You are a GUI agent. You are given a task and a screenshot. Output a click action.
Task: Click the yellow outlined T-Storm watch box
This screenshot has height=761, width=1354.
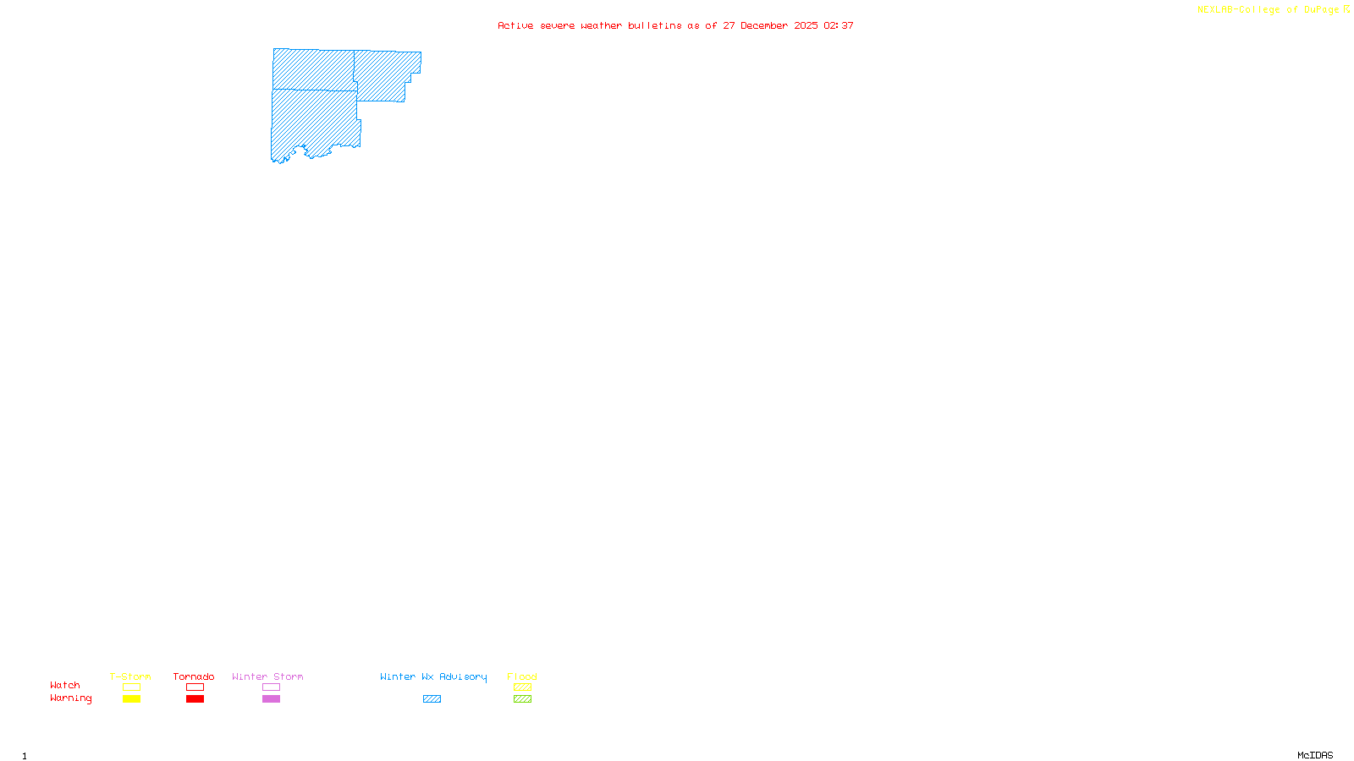pyautogui.click(x=131, y=687)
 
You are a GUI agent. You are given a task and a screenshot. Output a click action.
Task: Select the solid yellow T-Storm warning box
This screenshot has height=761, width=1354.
pyautogui.click(x=131, y=699)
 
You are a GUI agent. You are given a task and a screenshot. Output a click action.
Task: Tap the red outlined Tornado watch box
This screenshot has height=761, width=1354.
pyautogui.click(x=195, y=687)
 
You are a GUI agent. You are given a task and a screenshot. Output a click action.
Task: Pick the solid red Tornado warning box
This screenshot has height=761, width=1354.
pyautogui.click(x=195, y=699)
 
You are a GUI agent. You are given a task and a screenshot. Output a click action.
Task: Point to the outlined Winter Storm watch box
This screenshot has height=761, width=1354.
pyautogui.click(x=271, y=687)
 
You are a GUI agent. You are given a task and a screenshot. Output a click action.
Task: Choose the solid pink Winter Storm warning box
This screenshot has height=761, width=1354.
pyautogui.click(x=271, y=699)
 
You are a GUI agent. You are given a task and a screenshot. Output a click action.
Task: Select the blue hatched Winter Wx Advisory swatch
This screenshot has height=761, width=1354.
pyautogui.click(x=432, y=699)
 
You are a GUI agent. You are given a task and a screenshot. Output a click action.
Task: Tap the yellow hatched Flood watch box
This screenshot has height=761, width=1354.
pyautogui.click(x=522, y=687)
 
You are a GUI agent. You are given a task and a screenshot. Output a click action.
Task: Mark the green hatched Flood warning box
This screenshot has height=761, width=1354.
pyautogui.click(x=522, y=699)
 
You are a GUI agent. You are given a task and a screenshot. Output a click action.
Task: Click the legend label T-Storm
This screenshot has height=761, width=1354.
pyautogui.click(x=130, y=676)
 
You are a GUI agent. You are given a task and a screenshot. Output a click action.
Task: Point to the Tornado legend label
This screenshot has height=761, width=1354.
pyautogui.click(x=194, y=676)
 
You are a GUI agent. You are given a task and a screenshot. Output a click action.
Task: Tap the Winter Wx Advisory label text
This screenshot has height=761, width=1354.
pyautogui.click(x=433, y=676)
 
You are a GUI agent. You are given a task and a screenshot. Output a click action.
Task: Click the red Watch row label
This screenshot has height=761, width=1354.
pyautogui.click(x=65, y=686)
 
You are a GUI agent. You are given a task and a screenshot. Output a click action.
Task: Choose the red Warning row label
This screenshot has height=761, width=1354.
pyautogui.click(x=70, y=698)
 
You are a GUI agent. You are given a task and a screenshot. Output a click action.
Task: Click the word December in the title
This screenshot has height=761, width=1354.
pyautogui.click(x=764, y=26)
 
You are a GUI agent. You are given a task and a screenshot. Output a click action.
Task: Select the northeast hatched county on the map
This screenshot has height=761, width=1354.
pyautogui.click(x=385, y=74)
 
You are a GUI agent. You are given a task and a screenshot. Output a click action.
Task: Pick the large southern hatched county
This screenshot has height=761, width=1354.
pyautogui.click(x=313, y=123)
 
